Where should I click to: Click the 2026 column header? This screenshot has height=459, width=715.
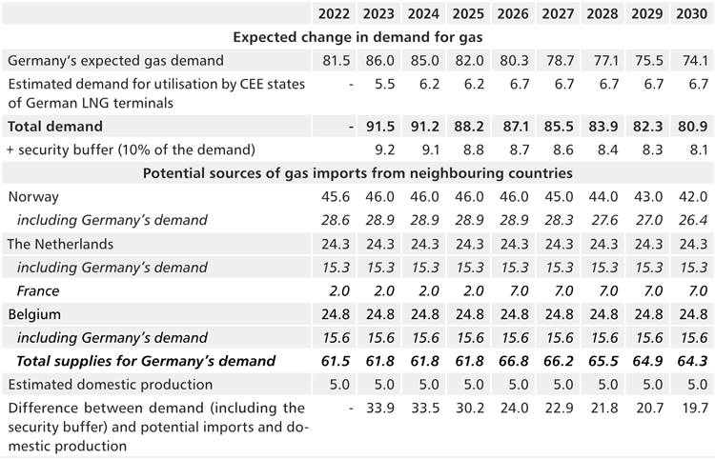pos(513,13)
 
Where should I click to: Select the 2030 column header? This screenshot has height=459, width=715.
pos(693,13)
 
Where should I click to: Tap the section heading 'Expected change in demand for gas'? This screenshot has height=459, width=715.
pos(357,36)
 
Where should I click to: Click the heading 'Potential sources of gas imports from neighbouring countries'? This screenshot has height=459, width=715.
pos(357,173)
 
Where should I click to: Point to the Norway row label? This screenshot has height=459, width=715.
pos(32,197)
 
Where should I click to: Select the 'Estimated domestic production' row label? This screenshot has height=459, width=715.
pos(110,384)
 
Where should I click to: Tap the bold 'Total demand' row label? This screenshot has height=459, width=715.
pos(55,126)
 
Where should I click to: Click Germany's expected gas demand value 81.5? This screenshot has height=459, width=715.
pos(334,60)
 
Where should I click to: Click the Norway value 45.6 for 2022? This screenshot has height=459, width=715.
pos(334,197)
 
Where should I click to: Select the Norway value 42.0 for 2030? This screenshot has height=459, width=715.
pos(693,197)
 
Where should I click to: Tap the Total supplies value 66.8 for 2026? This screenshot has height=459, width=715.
pos(513,361)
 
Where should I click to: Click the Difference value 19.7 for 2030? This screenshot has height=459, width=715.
pos(693,408)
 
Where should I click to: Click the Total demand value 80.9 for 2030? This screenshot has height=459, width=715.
pos(693,126)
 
